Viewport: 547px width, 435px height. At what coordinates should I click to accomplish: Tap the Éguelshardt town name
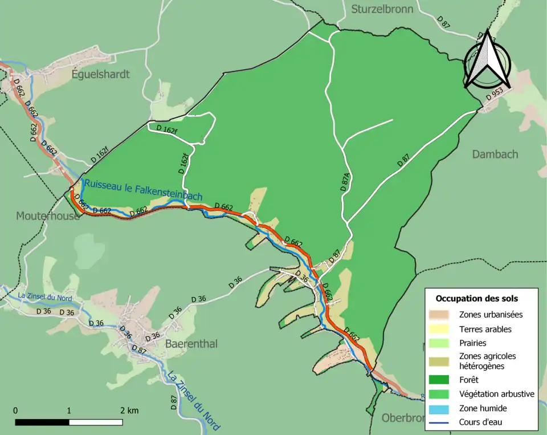(101, 74)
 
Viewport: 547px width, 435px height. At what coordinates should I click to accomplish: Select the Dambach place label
(495, 154)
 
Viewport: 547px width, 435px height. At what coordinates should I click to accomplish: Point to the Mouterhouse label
(48, 216)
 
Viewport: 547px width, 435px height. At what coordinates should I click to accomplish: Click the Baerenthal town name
(191, 344)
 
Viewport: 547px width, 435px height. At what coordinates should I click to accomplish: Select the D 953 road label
(495, 95)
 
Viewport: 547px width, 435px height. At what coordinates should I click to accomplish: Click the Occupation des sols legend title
(476, 298)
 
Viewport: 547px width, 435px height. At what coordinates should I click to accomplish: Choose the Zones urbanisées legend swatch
(440, 314)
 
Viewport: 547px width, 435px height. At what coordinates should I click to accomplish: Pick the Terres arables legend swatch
(440, 329)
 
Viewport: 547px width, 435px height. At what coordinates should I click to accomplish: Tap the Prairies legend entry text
(472, 343)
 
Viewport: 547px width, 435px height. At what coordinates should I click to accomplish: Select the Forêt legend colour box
(440, 379)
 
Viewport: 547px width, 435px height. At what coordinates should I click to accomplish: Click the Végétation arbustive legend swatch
(440, 393)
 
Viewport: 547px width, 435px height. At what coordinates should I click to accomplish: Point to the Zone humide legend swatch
(440, 408)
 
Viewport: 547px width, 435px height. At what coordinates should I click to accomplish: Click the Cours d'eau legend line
(440, 422)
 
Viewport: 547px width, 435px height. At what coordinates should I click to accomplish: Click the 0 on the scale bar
(15, 410)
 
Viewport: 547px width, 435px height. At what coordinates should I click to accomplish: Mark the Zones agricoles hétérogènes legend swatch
(440, 360)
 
